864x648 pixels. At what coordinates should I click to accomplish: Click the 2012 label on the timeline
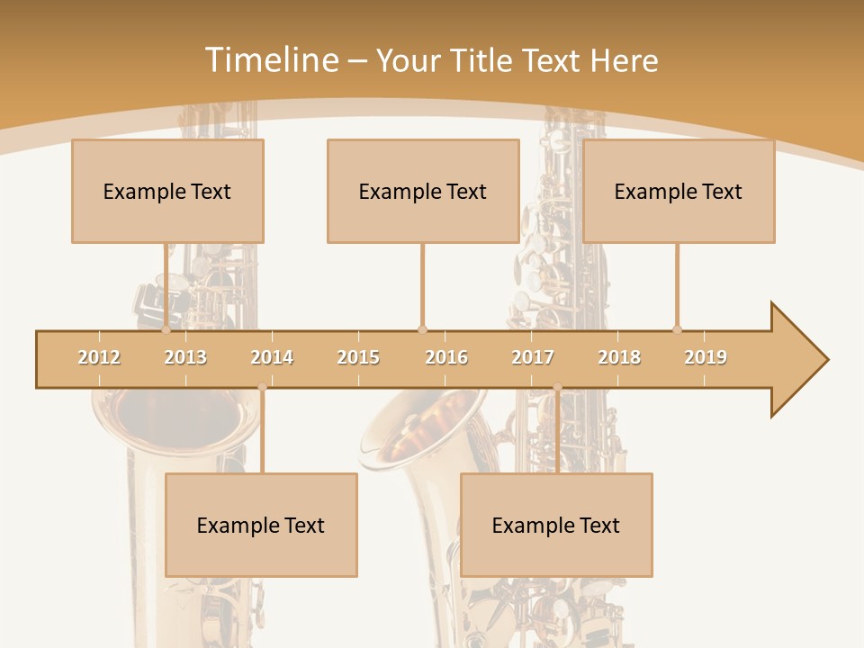(99, 357)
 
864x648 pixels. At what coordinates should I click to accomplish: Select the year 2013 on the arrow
(185, 357)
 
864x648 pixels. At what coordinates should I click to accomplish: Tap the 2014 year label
(272, 357)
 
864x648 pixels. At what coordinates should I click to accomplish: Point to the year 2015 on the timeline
(358, 357)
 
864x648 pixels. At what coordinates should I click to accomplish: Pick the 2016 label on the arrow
(446, 357)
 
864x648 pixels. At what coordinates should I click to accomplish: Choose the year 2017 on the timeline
(533, 357)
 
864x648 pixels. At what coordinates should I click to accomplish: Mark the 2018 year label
(619, 357)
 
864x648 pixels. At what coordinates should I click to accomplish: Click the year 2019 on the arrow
(706, 357)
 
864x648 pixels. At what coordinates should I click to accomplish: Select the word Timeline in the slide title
(269, 60)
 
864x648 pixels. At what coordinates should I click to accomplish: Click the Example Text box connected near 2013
(167, 191)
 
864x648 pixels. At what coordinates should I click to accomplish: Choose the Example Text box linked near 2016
(423, 191)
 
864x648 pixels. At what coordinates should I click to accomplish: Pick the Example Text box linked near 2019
(679, 191)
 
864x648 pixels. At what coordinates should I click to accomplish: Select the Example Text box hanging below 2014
(261, 525)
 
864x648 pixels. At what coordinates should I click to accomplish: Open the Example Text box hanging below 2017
(556, 525)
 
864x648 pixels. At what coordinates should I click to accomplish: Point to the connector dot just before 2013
(166, 329)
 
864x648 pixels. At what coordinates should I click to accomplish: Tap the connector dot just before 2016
(422, 329)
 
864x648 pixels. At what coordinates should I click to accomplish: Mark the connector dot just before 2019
(677, 329)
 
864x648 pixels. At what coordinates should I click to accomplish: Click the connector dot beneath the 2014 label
(262, 388)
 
